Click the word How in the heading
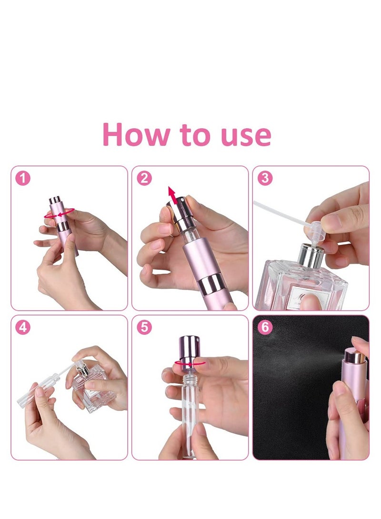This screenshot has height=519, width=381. point(136,134)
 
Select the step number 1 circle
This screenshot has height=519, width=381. point(23,178)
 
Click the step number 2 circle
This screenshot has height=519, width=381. point(144,178)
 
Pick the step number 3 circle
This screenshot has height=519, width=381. point(265,178)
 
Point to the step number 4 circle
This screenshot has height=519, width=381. point(23,327)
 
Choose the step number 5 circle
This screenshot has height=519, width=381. point(144,327)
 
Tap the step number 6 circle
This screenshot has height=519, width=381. point(265,327)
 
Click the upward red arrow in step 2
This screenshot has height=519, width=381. point(172,196)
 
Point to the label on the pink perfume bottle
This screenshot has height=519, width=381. point(306,298)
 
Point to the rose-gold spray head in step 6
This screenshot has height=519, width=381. point(354,356)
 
